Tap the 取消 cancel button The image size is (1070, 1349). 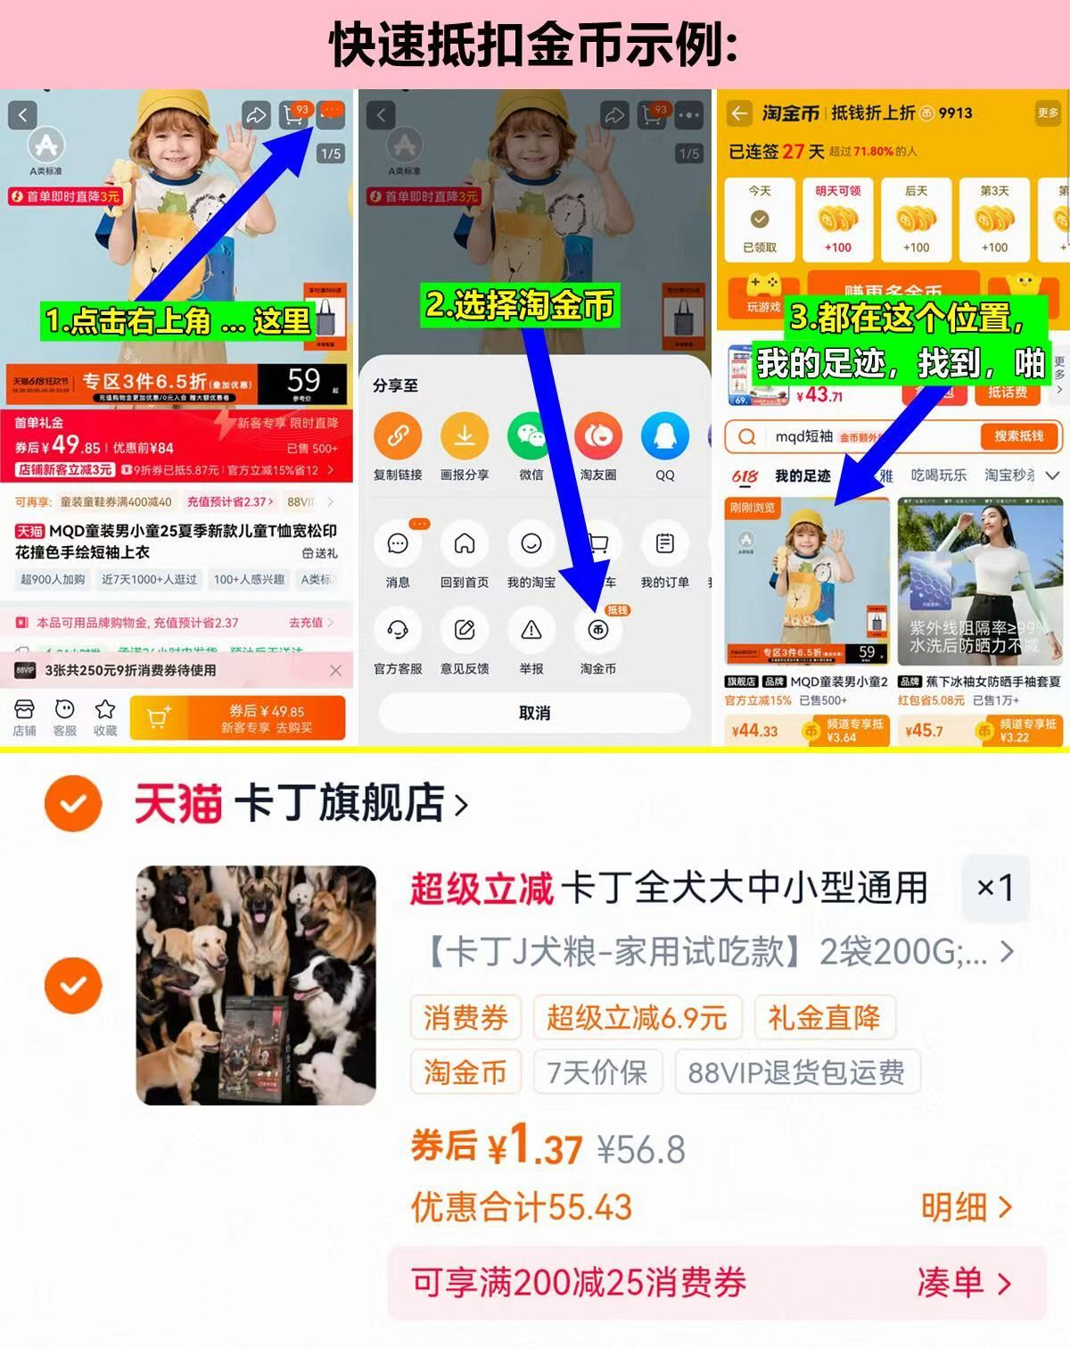tap(534, 713)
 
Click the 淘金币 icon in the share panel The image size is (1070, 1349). tap(597, 631)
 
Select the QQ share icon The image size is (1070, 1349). tap(664, 436)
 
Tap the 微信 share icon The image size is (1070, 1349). tap(531, 436)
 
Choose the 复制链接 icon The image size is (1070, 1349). tap(398, 436)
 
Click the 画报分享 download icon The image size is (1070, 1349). tap(465, 436)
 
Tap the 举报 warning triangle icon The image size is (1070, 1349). tap(531, 631)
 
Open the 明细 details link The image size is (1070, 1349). tap(967, 1207)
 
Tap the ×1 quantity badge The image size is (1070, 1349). tap(995, 888)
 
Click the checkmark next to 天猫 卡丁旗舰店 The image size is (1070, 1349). tap(73, 804)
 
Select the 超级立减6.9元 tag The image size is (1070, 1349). tap(637, 1018)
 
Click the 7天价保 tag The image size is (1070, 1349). tap(597, 1072)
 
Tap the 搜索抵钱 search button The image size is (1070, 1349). tap(1018, 436)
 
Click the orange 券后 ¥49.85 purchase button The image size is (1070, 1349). tap(237, 717)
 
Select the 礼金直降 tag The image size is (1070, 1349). tap(824, 1018)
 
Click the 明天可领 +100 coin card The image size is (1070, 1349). tap(837, 219)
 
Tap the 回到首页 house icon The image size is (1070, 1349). tap(465, 544)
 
